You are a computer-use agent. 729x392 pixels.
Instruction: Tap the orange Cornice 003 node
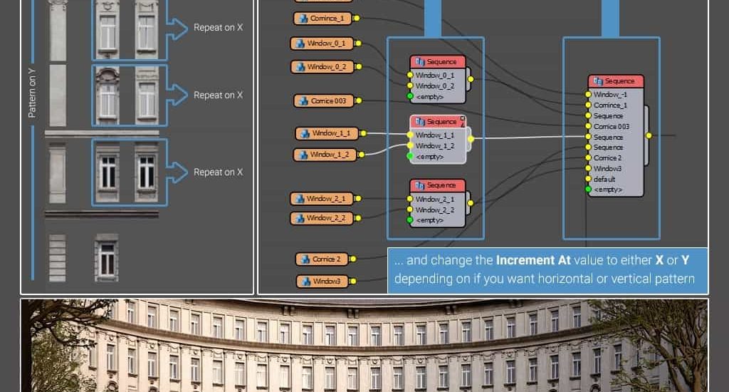pyautogui.click(x=324, y=101)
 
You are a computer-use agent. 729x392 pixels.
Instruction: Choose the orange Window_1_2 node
pyautogui.click(x=325, y=155)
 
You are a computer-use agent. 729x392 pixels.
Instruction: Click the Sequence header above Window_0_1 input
pyautogui.click(x=438, y=62)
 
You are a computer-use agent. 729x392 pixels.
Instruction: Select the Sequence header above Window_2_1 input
pyautogui.click(x=438, y=186)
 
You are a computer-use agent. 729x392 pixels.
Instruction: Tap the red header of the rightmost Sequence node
pyautogui.click(x=616, y=81)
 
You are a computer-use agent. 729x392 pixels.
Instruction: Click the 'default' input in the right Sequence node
pyautogui.click(x=604, y=179)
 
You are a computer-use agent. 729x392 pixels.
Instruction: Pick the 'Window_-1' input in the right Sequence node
pyautogui.click(x=607, y=94)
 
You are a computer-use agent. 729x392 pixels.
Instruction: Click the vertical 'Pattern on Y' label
pyautogui.click(x=32, y=93)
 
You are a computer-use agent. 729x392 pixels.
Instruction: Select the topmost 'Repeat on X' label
pyautogui.click(x=218, y=28)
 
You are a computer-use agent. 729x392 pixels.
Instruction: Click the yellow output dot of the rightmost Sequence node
pyautogui.click(x=649, y=135)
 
